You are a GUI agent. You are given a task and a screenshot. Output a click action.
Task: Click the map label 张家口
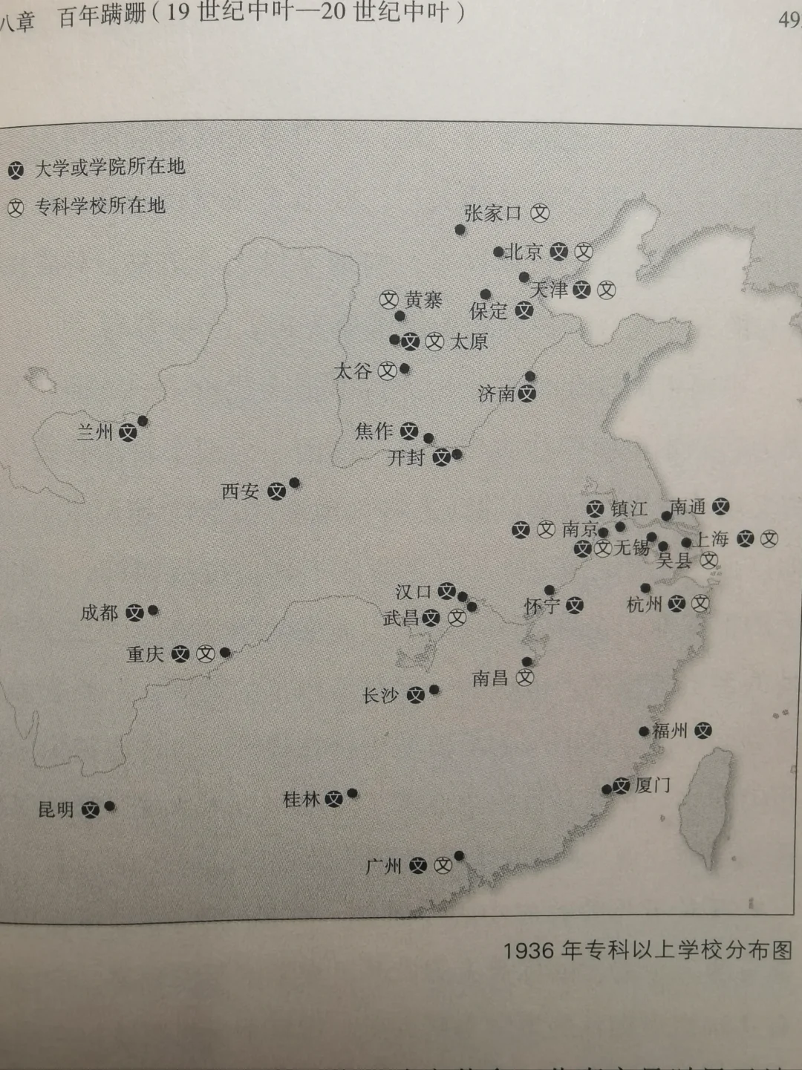coord(492,214)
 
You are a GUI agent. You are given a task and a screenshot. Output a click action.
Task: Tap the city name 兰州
coord(95,431)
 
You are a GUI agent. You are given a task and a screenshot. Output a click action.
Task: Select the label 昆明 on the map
coord(56,809)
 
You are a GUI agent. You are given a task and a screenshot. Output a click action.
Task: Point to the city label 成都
coord(100,613)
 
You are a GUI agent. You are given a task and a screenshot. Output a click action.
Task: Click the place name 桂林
coord(301,800)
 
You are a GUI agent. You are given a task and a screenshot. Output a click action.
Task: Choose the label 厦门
coord(653,785)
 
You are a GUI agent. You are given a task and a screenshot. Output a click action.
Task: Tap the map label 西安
coord(240,491)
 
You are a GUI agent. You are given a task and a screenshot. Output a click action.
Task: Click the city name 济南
coord(496,394)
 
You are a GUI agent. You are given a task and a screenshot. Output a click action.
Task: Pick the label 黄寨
coord(423,300)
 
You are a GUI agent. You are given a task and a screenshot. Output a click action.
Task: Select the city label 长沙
coord(380,695)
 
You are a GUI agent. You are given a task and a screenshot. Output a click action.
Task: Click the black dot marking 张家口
coord(460,230)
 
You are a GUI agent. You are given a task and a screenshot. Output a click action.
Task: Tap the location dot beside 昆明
coord(110,806)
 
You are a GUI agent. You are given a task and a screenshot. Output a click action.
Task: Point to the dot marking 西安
coord(295,483)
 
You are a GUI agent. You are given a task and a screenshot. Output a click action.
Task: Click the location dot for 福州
coord(644,731)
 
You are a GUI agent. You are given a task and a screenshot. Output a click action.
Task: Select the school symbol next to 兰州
coord(128,432)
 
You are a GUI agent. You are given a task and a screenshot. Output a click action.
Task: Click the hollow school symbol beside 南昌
coord(525,678)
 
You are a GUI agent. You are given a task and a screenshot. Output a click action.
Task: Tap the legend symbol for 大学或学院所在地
coord(16,170)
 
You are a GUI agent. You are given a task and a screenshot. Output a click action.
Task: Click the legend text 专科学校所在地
coord(100,206)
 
